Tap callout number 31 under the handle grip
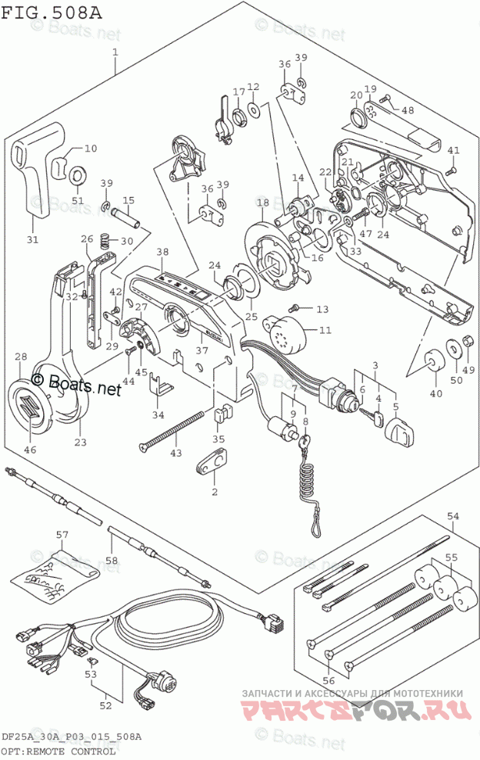pos(31,239)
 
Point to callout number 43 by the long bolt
pos(175,453)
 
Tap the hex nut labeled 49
pos(465,344)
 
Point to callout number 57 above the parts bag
pos(62,534)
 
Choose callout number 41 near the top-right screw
pos(453,150)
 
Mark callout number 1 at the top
pos(115,52)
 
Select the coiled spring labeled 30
pos(110,242)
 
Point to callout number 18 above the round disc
pos(263,203)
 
